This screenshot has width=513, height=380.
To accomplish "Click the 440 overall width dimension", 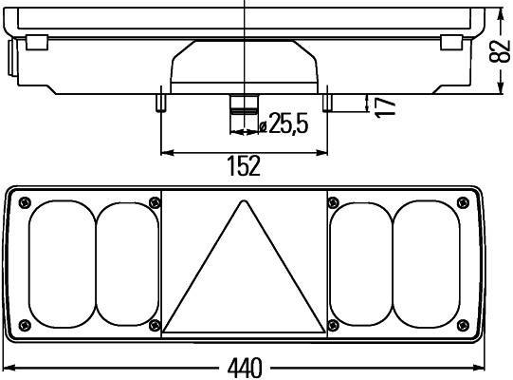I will click(x=246, y=368).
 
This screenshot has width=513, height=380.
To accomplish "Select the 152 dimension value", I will click(x=244, y=166).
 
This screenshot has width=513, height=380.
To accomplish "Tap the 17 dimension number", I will click(x=384, y=104).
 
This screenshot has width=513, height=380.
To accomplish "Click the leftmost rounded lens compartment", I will click(x=62, y=262).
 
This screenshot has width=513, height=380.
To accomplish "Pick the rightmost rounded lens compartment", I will click(x=428, y=262).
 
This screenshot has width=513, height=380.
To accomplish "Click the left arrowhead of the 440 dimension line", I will click(x=8, y=368).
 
